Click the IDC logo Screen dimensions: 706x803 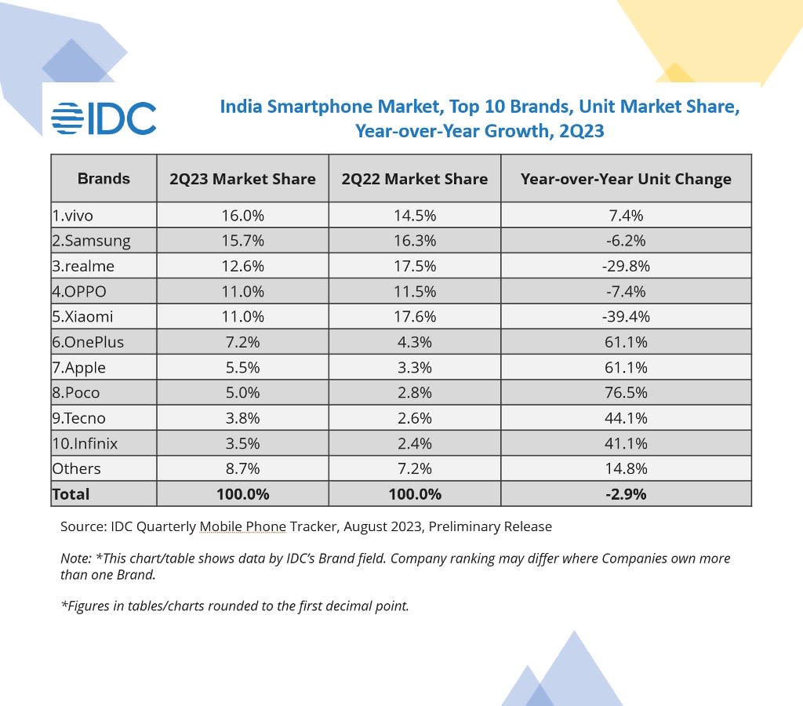(104, 118)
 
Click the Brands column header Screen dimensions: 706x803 (104, 178)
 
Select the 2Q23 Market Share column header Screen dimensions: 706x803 (242, 179)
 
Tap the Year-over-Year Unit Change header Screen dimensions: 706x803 (626, 179)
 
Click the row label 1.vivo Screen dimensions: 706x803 (78, 215)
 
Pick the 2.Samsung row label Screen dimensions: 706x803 (91, 240)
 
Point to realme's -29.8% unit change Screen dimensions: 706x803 (626, 266)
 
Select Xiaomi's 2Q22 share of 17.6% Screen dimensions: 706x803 (414, 316)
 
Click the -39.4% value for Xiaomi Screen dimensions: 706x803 (626, 316)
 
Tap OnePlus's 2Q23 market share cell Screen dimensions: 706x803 (242, 342)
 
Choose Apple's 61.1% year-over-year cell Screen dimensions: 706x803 (626, 367)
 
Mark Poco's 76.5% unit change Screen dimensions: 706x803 (626, 392)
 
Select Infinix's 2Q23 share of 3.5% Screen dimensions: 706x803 (242, 443)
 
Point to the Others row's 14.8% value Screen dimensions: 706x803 (626, 468)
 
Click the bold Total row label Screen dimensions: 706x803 (71, 494)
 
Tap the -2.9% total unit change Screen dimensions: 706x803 (626, 494)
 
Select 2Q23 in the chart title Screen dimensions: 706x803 (581, 131)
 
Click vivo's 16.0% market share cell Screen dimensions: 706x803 (242, 215)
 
